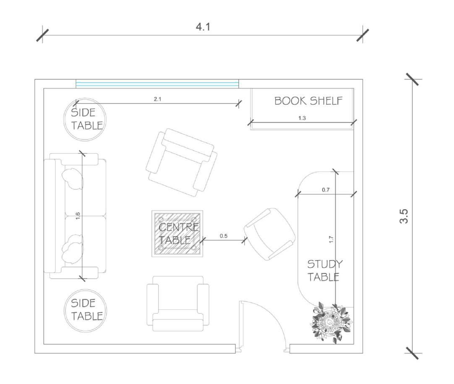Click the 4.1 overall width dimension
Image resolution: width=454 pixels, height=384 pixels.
tap(203, 27)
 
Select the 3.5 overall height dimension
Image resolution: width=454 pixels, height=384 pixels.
tap(404, 215)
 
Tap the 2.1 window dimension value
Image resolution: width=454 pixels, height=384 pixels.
tap(157, 99)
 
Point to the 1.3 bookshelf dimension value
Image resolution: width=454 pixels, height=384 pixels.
tap(302, 118)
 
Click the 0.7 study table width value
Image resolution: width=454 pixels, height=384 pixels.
tap(326, 190)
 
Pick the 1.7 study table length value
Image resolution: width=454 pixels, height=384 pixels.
tap(331, 239)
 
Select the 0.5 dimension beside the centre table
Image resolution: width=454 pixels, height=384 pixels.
tap(224, 236)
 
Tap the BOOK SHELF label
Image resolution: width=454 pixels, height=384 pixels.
tap(308, 101)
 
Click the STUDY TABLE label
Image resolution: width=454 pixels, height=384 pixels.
tap(324, 270)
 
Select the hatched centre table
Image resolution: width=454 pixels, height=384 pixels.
tap(177, 234)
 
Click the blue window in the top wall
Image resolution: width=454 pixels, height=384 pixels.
tap(157, 84)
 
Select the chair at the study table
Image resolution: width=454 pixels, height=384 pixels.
tap(269, 234)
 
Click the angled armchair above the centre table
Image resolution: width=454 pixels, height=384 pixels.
tap(181, 162)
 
